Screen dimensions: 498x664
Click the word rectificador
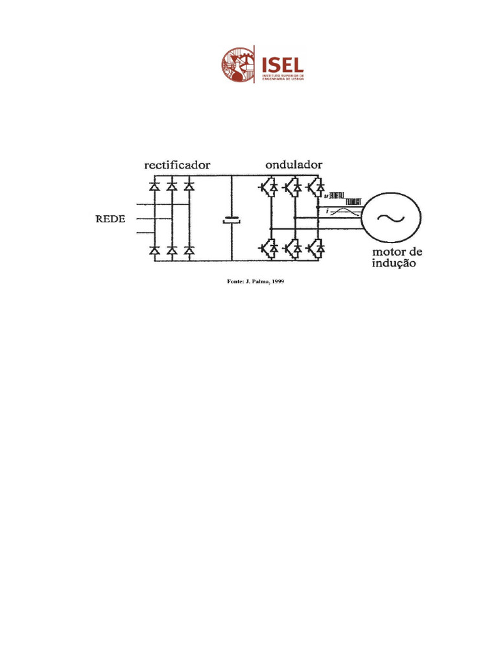(177, 165)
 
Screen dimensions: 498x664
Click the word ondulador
(294, 165)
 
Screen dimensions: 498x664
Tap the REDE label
(104, 219)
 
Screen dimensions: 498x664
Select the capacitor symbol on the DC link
(231, 220)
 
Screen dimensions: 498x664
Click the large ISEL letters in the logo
(281, 64)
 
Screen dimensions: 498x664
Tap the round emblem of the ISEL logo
(238, 64)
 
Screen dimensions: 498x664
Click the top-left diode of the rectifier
(154, 186)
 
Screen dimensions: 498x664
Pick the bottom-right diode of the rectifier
(189, 250)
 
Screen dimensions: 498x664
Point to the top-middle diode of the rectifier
(172, 186)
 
